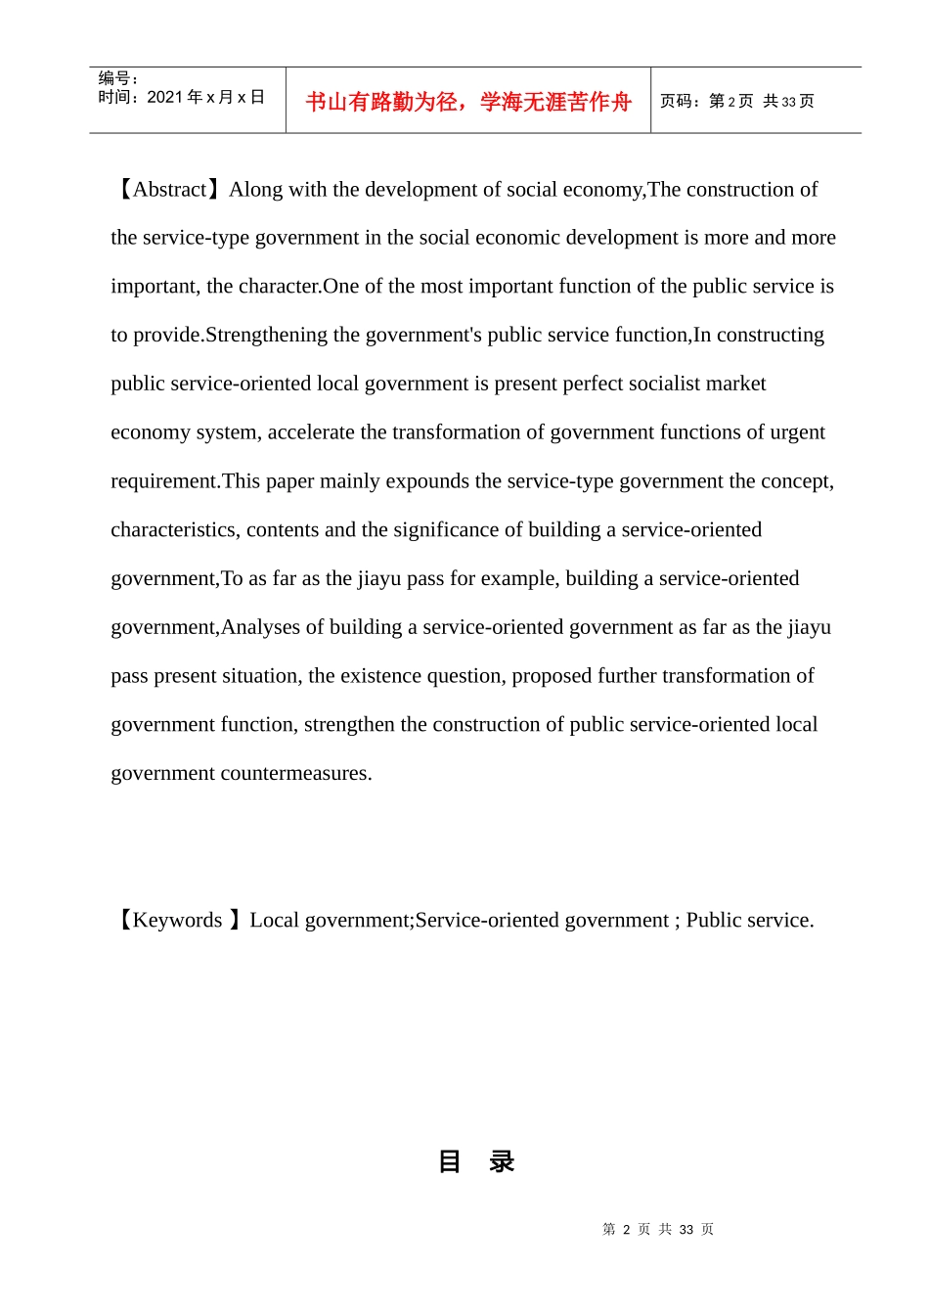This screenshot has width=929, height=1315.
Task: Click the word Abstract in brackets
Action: [169, 190]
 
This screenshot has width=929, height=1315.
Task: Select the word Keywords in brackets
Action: [177, 921]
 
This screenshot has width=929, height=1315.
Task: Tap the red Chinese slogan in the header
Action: [468, 102]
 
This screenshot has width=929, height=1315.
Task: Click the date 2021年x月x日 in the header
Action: [205, 97]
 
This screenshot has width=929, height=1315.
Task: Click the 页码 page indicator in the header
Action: [736, 101]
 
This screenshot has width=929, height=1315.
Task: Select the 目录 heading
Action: [476, 1161]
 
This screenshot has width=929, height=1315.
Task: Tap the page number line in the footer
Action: [658, 1230]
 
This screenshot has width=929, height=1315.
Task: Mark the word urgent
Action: [798, 432]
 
